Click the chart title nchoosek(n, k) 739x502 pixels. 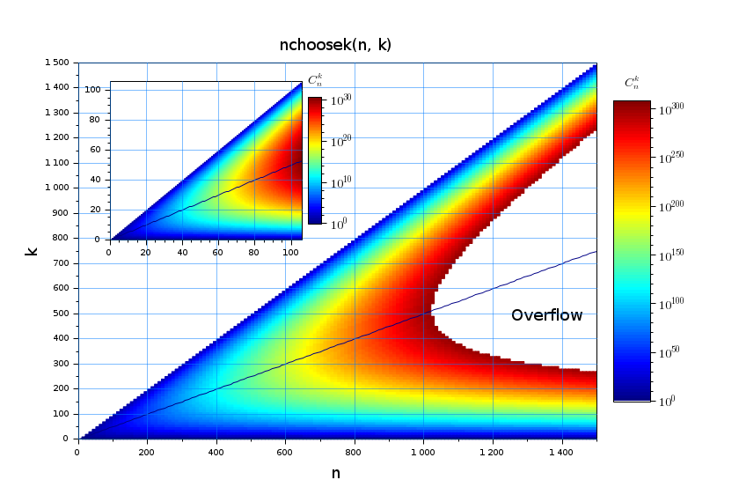click(x=335, y=45)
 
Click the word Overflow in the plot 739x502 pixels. click(x=546, y=315)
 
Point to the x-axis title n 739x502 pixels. click(x=335, y=474)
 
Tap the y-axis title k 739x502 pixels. click(x=32, y=251)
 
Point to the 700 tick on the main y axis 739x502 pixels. click(x=62, y=263)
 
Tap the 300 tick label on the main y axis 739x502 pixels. click(x=62, y=364)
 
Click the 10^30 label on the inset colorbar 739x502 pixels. click(x=341, y=100)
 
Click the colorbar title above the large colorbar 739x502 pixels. click(x=632, y=84)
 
